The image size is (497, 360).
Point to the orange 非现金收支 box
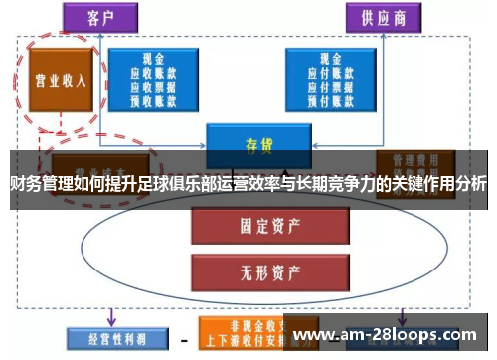pyautogui.click(x=239, y=330)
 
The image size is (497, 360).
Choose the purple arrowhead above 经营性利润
pyautogui.click(x=111, y=316)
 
